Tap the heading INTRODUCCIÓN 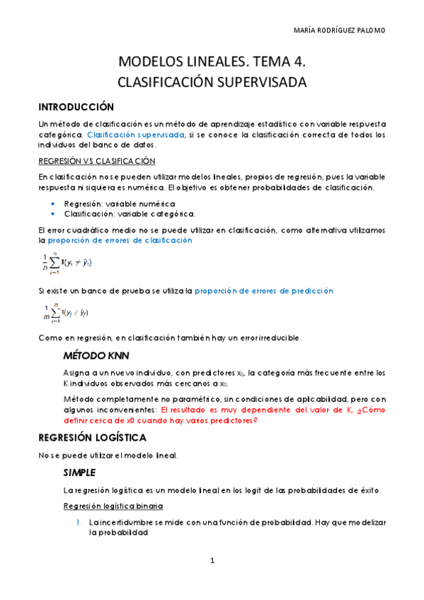pyautogui.click(x=76, y=107)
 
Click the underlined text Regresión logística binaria pyautogui.click(x=113, y=506)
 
